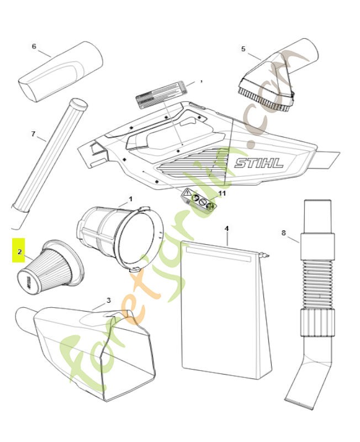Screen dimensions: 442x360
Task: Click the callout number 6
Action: tap(34, 46)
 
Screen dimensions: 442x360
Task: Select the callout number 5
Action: tap(243, 49)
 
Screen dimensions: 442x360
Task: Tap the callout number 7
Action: tap(34, 134)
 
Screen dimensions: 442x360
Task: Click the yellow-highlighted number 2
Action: tap(19, 252)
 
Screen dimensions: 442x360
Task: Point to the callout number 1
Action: tap(130, 198)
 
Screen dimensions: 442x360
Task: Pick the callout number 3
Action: tap(108, 300)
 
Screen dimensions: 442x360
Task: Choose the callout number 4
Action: tap(226, 228)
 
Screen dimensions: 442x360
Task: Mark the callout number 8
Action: tap(284, 233)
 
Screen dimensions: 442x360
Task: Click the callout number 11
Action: tap(222, 193)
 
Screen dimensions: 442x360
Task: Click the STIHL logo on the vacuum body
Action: tap(258, 163)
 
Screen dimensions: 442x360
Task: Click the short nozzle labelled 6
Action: tap(61, 70)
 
